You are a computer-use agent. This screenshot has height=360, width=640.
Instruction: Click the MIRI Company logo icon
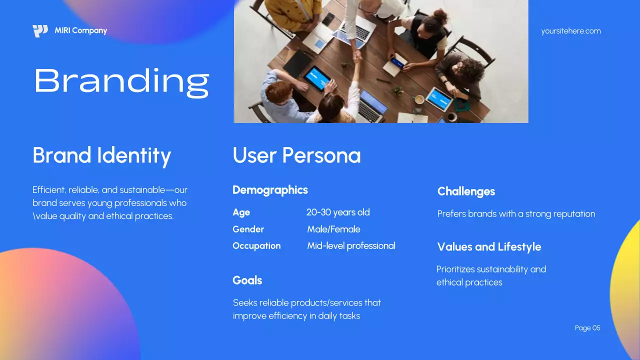click(x=40, y=31)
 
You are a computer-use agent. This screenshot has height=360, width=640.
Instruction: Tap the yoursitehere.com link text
click(x=570, y=31)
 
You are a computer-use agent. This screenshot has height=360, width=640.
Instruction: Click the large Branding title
click(x=121, y=81)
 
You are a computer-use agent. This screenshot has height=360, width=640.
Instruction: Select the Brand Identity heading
click(x=101, y=155)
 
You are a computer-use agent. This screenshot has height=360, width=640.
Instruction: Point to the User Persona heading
click(x=296, y=155)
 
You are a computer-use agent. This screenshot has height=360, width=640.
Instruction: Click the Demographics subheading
click(x=270, y=190)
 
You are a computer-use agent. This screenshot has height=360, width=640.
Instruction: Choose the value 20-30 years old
click(x=338, y=212)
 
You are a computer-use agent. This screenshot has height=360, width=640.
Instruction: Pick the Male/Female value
click(x=333, y=229)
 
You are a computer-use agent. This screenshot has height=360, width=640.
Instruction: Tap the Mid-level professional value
click(x=351, y=245)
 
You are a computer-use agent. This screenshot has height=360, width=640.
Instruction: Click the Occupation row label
click(x=256, y=245)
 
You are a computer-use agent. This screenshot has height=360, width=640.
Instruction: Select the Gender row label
click(x=248, y=229)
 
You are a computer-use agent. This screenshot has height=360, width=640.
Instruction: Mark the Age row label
click(x=241, y=212)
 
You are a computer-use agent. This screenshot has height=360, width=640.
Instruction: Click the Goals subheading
click(x=247, y=280)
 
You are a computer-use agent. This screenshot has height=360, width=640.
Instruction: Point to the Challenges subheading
click(x=466, y=191)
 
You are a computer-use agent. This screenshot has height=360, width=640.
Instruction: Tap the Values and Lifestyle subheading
click(x=489, y=247)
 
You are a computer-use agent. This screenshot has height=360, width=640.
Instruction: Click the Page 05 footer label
click(x=587, y=328)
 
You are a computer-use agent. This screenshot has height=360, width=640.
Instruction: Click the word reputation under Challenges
click(x=572, y=214)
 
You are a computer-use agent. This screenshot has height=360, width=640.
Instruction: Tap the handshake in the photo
click(x=357, y=55)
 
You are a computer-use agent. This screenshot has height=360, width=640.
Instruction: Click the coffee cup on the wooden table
click(x=419, y=99)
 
